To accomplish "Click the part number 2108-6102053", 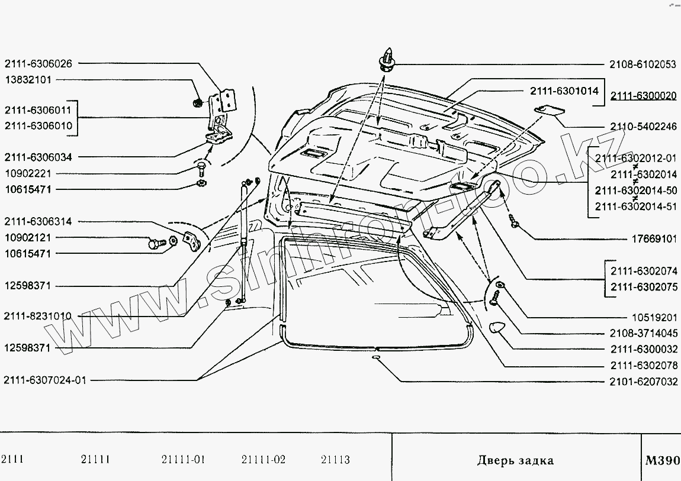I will point(643,64).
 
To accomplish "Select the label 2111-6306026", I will point(39,64).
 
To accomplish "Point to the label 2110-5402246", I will point(643,126).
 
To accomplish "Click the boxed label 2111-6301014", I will point(563,91).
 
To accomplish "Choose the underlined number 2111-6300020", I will point(643,95).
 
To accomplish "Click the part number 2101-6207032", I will point(643,382).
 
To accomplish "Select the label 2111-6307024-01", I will point(45,380).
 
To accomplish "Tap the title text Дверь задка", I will point(515,460).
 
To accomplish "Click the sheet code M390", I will point(663,460).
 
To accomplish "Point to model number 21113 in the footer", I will point(335,460).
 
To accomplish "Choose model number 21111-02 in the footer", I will point(264,460).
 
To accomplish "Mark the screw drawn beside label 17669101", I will point(513,223).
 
